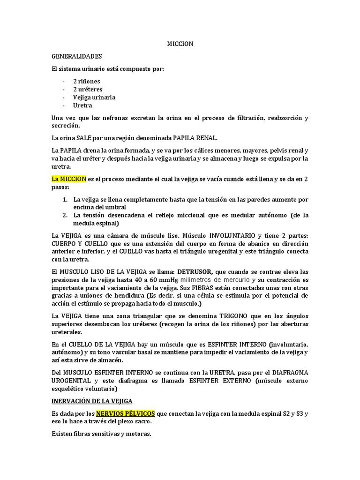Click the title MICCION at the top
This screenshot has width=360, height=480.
click(180, 44)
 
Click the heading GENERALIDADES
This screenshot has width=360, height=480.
click(76, 56)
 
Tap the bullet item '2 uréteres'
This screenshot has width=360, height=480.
click(88, 89)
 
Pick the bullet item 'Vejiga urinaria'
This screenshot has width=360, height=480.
click(94, 97)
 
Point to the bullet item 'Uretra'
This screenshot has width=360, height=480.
click(82, 105)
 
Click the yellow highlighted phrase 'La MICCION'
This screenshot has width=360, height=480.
click(69, 179)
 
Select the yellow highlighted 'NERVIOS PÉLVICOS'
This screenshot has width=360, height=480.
click(126, 414)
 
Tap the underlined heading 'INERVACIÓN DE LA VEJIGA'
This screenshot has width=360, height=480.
click(92, 401)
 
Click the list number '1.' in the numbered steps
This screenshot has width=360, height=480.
click(66, 200)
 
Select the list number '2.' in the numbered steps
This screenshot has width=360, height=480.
click(66, 216)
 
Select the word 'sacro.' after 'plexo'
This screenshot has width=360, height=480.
click(143, 422)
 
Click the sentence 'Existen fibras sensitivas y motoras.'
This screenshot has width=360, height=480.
click(101, 434)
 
